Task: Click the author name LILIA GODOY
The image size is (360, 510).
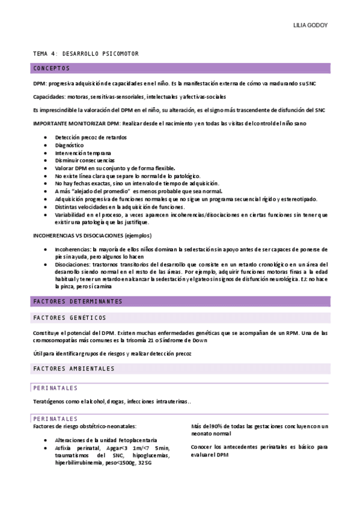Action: (x=310, y=25)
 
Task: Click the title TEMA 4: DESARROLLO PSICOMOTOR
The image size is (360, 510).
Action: (x=86, y=54)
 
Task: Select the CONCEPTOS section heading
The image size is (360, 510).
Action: (x=52, y=68)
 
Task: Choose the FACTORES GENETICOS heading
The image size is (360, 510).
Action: (x=70, y=318)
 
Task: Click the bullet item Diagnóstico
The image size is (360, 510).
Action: (x=69, y=145)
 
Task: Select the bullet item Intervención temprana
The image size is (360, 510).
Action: (x=78, y=153)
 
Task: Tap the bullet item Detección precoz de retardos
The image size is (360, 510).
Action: (x=91, y=137)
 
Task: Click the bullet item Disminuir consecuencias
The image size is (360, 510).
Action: (x=84, y=161)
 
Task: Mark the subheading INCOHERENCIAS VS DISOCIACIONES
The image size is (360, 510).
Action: (x=91, y=235)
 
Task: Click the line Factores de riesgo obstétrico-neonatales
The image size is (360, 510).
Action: (x=85, y=426)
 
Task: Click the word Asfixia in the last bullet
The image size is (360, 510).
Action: (x=64, y=447)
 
